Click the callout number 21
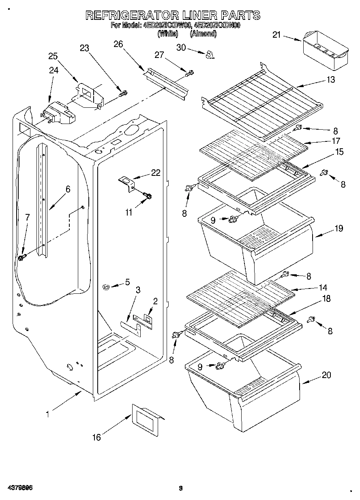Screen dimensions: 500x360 tap(276, 35)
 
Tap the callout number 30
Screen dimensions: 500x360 tap(181, 47)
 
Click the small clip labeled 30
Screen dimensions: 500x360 tap(210, 54)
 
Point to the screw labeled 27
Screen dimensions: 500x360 tap(189, 73)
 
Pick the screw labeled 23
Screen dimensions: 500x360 tap(123, 94)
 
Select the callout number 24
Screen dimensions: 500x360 tap(54, 70)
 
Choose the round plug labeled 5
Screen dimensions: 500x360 tap(107, 287)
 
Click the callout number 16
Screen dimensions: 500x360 tap(96, 437)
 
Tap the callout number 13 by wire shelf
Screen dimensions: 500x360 tap(331, 80)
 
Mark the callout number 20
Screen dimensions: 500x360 tap(326, 375)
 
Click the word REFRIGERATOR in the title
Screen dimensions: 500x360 tap(132, 15)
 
